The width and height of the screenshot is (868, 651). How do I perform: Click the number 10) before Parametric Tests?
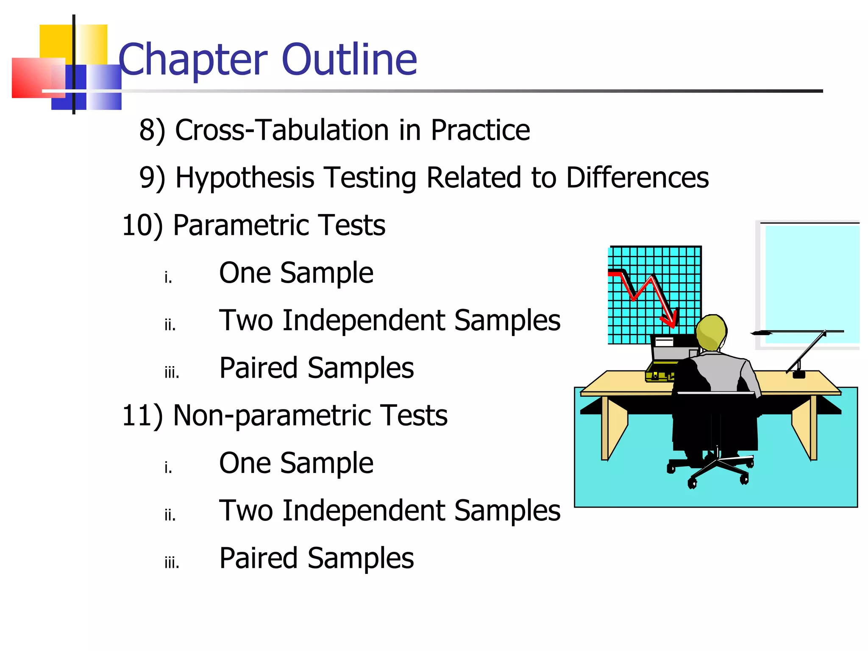142,225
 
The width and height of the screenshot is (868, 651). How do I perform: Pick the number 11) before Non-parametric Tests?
142,415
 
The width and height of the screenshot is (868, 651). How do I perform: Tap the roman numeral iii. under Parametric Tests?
172,373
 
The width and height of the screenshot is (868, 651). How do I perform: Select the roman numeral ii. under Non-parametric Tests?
170,515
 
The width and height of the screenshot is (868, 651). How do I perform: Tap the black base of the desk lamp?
798,374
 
